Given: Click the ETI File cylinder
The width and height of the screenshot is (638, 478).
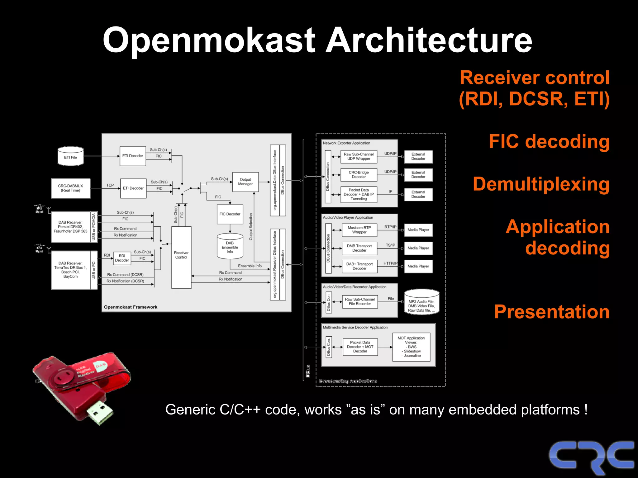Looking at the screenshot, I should (x=71, y=156).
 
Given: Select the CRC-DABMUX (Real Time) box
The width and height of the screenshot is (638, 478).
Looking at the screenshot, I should (x=71, y=188).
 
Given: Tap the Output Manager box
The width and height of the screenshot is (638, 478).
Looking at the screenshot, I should (x=245, y=182).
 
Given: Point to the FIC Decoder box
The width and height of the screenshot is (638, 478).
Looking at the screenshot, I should (x=230, y=214).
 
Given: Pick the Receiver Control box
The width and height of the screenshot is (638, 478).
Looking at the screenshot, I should (x=181, y=257).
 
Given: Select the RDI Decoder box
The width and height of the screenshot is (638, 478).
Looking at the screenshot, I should (x=122, y=258).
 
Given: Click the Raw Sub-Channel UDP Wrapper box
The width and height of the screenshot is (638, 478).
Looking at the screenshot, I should (x=359, y=156).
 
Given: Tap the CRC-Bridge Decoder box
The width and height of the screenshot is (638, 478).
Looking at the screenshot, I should (x=359, y=174).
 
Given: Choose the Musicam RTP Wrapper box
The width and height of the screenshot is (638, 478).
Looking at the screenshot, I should (x=359, y=230).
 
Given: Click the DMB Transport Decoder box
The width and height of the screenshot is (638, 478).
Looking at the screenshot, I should (x=359, y=248).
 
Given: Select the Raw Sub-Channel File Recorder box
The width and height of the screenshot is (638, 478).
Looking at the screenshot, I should (x=360, y=301).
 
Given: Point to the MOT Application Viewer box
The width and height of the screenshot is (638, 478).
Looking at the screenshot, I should (x=411, y=347).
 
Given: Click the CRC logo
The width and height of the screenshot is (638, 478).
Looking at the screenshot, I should (x=591, y=456).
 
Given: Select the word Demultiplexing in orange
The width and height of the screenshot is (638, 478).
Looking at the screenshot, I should (x=541, y=184).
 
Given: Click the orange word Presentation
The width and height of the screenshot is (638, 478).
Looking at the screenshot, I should (x=552, y=312).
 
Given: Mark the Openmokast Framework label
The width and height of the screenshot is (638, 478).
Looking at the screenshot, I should (x=131, y=307).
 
